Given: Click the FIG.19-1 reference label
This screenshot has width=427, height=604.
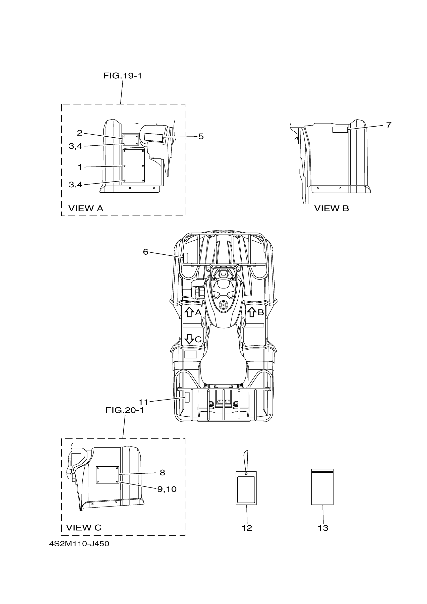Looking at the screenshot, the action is [122, 76].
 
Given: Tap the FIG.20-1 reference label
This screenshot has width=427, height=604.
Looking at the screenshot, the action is [125, 410].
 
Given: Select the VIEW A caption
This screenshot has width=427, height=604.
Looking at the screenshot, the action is [86, 208].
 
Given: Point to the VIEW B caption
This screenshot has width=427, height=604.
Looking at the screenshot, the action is [332, 208].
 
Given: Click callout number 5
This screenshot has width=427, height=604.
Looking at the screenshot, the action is [201, 136].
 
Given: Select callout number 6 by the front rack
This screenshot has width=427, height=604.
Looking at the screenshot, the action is [145, 252].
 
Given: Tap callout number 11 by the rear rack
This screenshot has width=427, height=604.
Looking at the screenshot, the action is [144, 402].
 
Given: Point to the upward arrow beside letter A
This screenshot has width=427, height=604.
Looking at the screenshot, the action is [189, 312].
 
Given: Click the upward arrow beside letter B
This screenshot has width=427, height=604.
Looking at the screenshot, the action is [252, 312].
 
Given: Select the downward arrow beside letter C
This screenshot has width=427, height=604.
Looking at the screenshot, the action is [189, 339].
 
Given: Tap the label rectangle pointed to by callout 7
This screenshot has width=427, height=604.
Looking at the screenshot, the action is [340, 129].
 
